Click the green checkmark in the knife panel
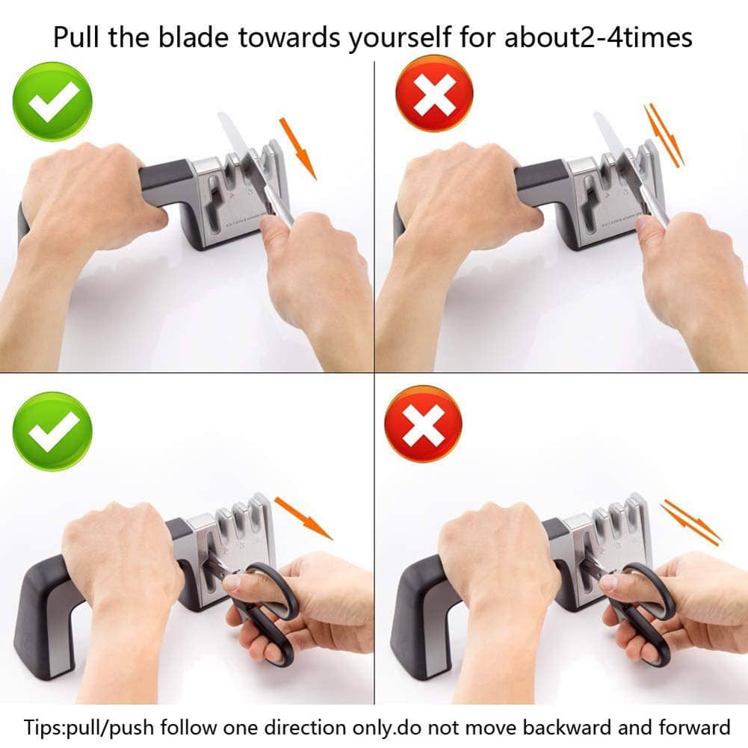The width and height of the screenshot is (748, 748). tap(52, 102)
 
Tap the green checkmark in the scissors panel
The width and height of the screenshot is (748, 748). tap(52, 432)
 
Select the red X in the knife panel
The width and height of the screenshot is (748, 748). tap(434, 93)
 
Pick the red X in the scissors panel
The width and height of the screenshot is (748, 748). tap(423, 424)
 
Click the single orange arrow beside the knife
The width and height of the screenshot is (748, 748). tap(298, 149)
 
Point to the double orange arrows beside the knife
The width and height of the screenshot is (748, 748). tap(664, 135)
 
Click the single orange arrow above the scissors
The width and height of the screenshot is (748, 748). tap(303, 519)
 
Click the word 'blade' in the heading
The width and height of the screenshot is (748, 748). tap(194, 37)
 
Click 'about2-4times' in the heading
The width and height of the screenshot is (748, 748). tap(599, 37)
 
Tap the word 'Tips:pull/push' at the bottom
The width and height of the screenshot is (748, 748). tap(89, 728)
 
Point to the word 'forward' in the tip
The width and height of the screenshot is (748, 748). tap(695, 727)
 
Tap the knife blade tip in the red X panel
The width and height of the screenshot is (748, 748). tap(596, 114)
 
